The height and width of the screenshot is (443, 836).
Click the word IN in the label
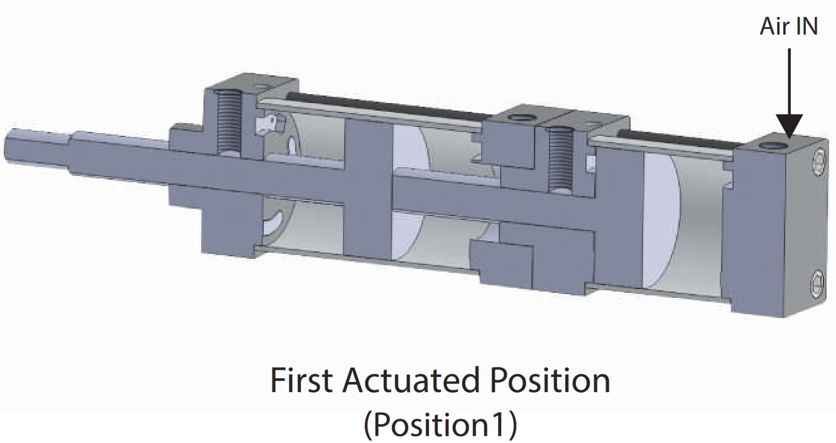pyautogui.click(x=806, y=26)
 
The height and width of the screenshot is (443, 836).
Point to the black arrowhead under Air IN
pyautogui.click(x=790, y=127)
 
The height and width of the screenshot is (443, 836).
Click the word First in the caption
pyautogui.click(x=301, y=380)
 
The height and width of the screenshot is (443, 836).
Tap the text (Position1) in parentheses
pyautogui.click(x=440, y=424)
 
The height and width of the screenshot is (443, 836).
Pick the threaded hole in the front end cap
pyautogui.click(x=229, y=124)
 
